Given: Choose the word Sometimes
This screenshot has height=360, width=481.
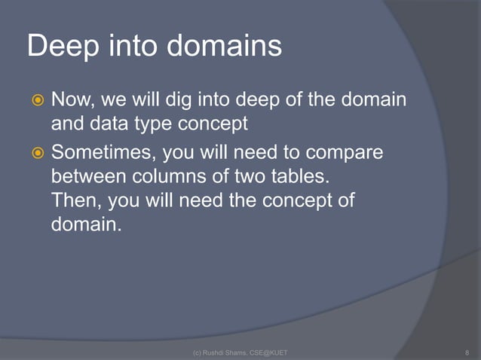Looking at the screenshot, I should (x=103, y=154).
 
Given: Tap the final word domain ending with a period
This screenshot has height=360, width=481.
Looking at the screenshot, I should (x=85, y=224).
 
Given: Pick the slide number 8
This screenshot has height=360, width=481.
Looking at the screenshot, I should (x=468, y=352).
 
